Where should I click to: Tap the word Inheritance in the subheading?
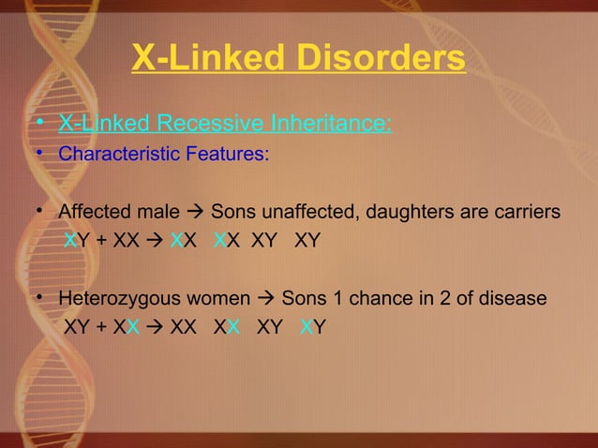(330, 124)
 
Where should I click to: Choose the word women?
(217, 299)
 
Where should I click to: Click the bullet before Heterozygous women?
(41, 299)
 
